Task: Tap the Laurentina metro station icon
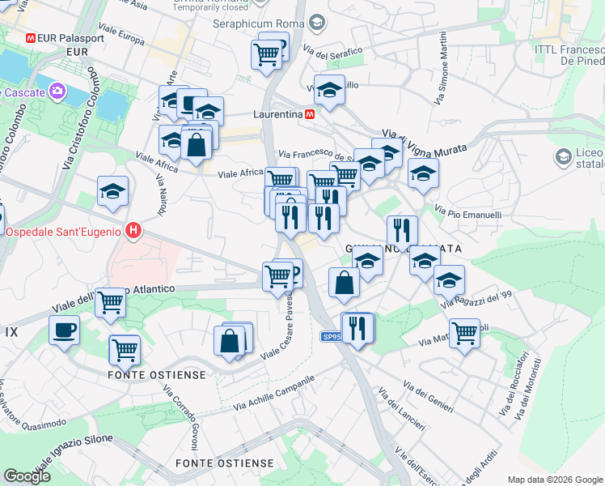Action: coord(310,115)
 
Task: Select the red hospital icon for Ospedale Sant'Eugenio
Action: coord(134,232)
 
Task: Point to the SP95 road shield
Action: coord(331,337)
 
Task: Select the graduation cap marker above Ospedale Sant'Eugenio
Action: coord(112,191)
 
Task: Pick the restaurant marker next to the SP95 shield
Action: coord(357,327)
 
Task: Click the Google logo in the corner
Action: coord(27,476)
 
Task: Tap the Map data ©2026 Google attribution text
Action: coord(555,480)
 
